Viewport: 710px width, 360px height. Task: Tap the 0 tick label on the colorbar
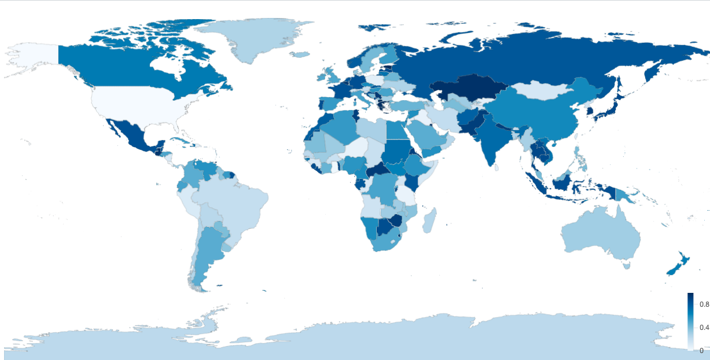click(701, 350)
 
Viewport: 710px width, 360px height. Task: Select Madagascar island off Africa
click(428, 221)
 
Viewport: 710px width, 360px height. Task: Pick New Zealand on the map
click(675, 266)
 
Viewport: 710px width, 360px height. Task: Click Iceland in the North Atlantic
click(299, 55)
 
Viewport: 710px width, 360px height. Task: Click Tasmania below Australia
click(625, 265)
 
